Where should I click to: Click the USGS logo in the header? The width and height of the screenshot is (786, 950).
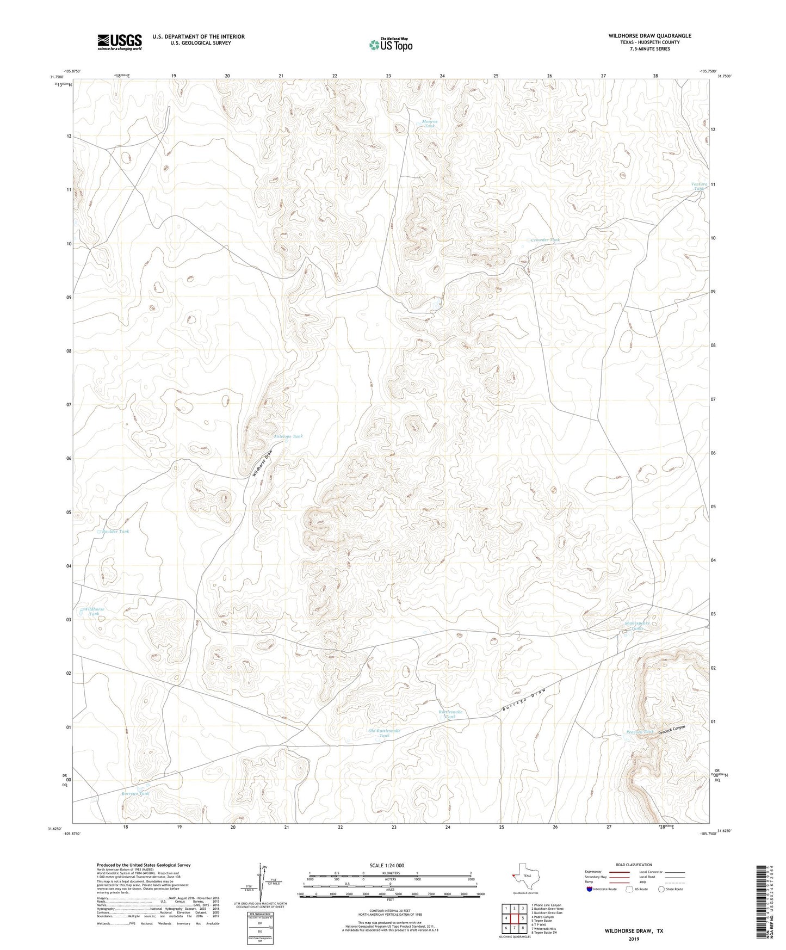[120, 41]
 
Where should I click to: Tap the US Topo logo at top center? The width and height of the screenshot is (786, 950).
[390, 45]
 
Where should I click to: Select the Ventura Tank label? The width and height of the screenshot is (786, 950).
[700, 186]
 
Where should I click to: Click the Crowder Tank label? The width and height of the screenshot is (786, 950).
[545, 240]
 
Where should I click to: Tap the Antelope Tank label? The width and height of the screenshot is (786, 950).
[288, 436]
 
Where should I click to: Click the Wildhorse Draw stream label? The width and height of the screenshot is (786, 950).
[262, 463]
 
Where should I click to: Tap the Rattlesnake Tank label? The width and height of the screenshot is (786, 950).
[450, 714]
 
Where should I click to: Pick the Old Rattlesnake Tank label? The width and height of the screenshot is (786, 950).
[384, 733]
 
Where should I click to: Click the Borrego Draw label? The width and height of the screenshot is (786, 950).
[523, 702]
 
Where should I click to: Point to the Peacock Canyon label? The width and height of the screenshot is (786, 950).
[671, 730]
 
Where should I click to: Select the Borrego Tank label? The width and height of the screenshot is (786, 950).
[135, 794]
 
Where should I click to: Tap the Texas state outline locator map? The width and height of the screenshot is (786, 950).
[525, 877]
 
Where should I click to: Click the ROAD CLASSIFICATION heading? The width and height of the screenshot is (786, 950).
[634, 865]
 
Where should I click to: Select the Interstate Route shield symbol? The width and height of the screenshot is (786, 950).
[590, 889]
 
